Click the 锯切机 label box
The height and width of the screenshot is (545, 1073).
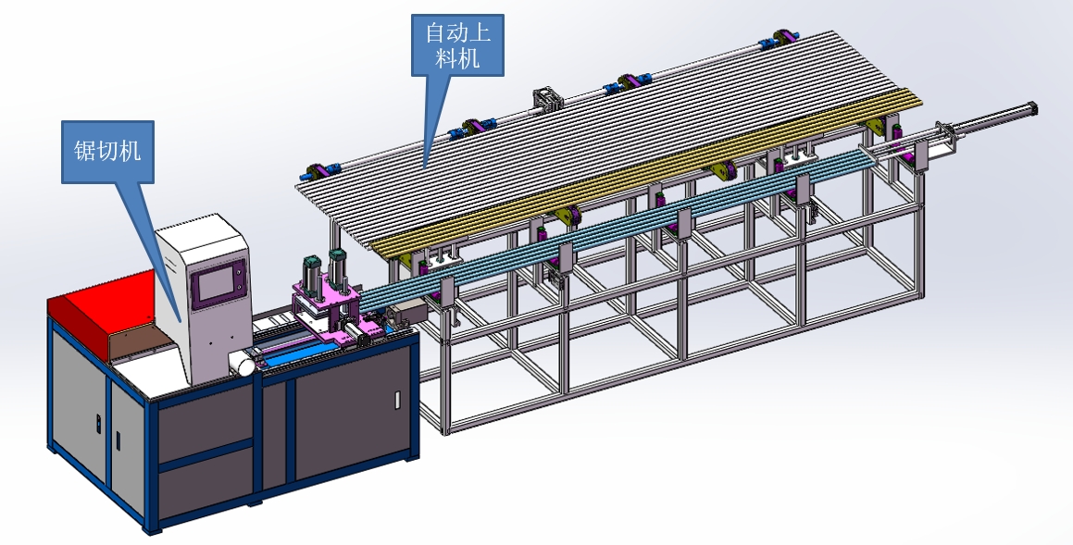click(107, 152)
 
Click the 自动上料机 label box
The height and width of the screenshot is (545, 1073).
click(457, 45)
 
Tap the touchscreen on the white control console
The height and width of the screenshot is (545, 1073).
click(217, 287)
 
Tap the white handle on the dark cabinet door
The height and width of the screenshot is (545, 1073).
click(397, 400)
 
